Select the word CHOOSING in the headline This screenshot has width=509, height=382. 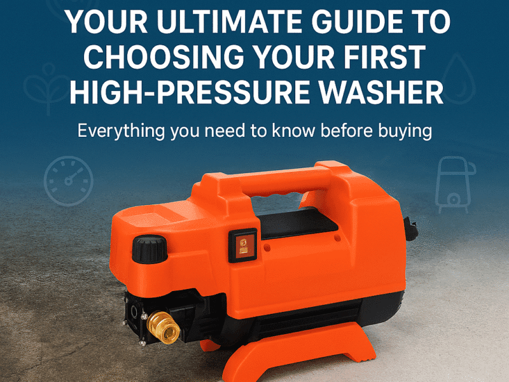pyautogui.click(x=164, y=57)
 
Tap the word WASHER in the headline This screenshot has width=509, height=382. pyautogui.click(x=380, y=92)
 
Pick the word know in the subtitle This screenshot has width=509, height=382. pyautogui.click(x=293, y=131)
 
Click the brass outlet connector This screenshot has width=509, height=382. pyautogui.click(x=163, y=327)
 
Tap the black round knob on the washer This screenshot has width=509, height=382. pyautogui.click(x=150, y=250)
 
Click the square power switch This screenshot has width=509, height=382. pyautogui.click(x=243, y=245)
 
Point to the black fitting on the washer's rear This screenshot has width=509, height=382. pyautogui.click(x=410, y=229)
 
